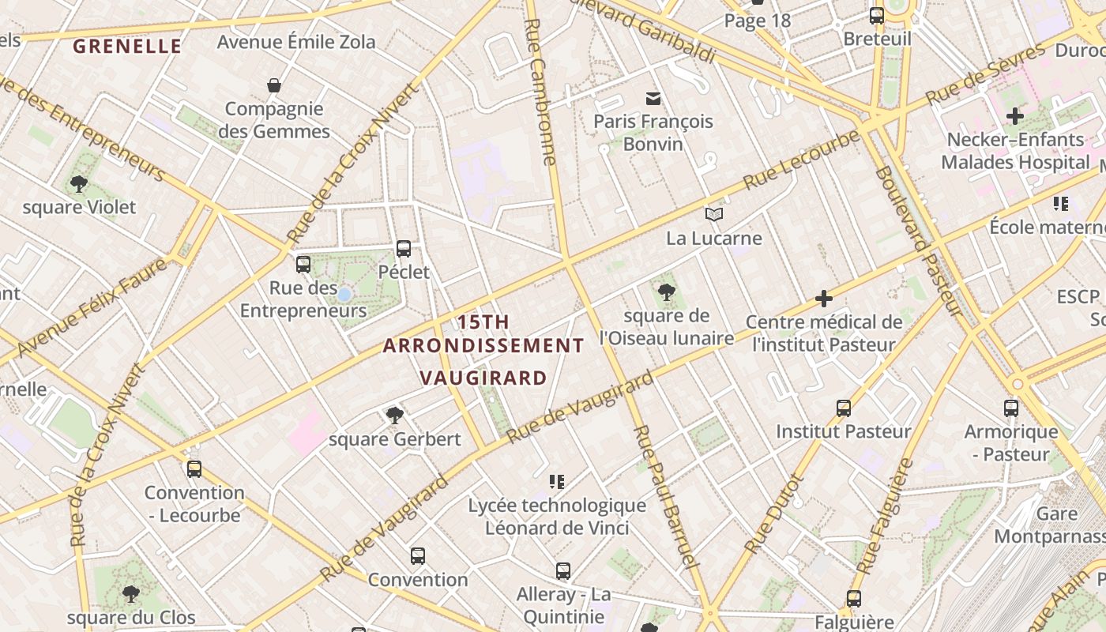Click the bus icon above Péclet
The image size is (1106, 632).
(404, 249)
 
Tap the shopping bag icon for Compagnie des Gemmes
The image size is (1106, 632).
(274, 85)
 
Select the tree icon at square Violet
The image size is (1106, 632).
(78, 184)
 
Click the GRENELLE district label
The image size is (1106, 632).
(127, 46)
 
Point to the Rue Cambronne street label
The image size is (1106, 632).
(541, 91)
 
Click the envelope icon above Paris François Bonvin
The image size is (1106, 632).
(653, 99)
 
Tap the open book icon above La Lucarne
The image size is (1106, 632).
(714, 214)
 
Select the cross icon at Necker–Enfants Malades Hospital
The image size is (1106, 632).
(1015, 117)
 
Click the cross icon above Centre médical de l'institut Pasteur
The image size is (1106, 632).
(824, 299)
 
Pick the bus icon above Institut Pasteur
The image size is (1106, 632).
(844, 408)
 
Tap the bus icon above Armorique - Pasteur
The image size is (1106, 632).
(1011, 408)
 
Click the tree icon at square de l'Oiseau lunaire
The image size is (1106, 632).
(667, 292)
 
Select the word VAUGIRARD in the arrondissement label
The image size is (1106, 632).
(483, 378)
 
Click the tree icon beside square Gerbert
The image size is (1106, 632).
(394, 416)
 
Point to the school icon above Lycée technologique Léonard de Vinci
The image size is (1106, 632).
(557, 481)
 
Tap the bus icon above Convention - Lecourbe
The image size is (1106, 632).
(194, 469)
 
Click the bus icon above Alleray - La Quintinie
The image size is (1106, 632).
(563, 570)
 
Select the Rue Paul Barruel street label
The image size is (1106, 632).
(667, 496)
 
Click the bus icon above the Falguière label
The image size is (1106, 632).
(854, 599)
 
